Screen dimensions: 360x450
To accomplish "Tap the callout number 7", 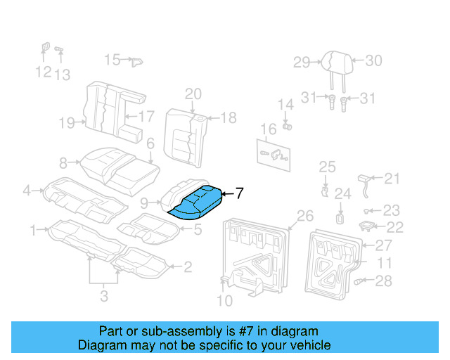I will tap(239, 193).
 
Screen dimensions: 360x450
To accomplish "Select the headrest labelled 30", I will tap(333, 63).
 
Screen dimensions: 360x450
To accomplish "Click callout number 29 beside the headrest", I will tap(302, 63).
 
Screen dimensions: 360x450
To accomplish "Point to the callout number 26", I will tap(304, 215).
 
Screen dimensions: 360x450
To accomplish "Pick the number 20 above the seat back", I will tap(193, 94).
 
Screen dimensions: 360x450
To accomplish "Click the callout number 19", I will tap(67, 124).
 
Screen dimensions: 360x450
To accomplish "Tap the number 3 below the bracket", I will tap(104, 297).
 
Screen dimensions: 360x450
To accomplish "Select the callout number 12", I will tap(43, 72).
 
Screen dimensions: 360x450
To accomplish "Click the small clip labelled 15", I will tap(133, 60).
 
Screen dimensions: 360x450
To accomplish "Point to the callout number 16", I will tap(269, 129).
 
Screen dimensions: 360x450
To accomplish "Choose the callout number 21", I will tap(392, 179).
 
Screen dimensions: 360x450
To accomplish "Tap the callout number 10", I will tap(224, 302).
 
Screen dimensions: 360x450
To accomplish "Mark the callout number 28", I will tap(382, 281).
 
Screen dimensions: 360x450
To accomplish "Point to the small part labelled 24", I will tap(340, 218).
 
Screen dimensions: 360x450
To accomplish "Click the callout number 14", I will tap(285, 105).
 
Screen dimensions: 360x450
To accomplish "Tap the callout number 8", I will tap(63, 163).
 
